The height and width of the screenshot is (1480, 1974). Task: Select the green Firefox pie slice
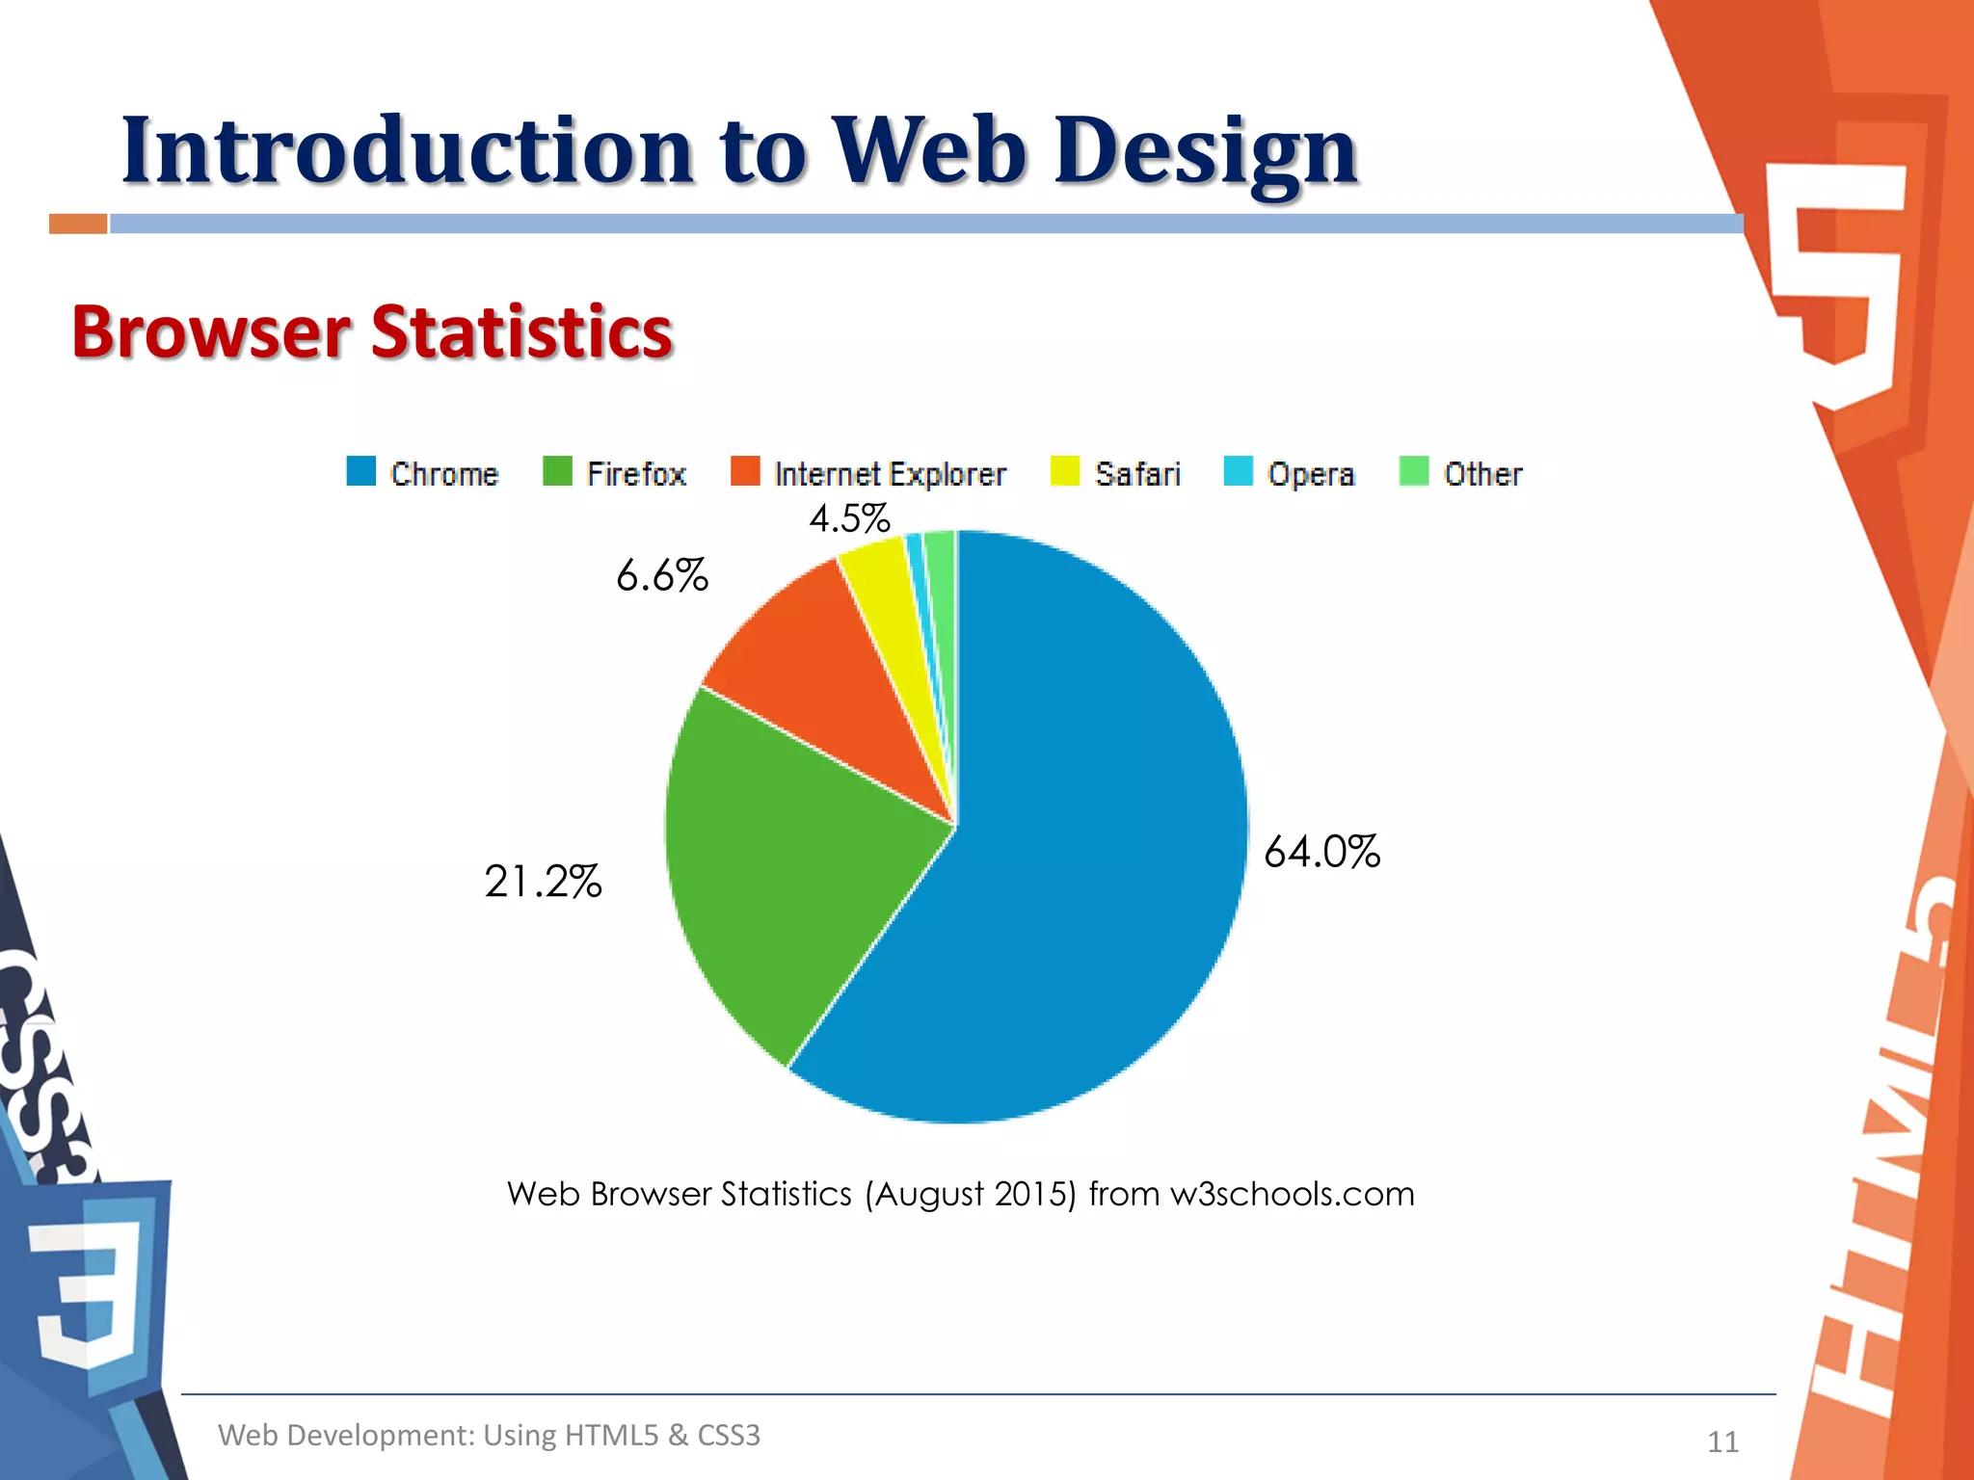click(x=790, y=867)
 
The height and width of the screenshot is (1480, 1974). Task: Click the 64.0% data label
click(x=1321, y=852)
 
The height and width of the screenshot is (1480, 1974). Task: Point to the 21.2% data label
click(x=543, y=881)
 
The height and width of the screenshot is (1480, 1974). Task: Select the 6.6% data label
click(x=662, y=575)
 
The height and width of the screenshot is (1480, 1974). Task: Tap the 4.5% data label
click(x=849, y=518)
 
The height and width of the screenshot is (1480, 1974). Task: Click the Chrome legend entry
click(x=424, y=473)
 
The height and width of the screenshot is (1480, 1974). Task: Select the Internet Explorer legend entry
click(x=868, y=473)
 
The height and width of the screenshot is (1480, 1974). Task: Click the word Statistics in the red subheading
click(x=521, y=331)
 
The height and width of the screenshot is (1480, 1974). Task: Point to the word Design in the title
click(x=1206, y=151)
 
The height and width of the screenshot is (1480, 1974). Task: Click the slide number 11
click(x=1722, y=1441)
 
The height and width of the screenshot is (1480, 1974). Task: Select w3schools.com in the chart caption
click(x=1292, y=1194)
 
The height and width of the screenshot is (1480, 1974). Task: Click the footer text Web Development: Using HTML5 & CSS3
click(x=489, y=1435)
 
